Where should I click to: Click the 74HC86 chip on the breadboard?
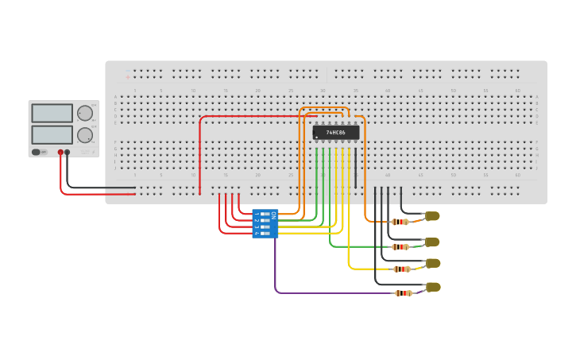[x=335, y=133]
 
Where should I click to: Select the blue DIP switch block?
[x=265, y=223]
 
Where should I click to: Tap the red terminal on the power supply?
[x=60, y=152]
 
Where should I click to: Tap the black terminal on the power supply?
[x=68, y=152]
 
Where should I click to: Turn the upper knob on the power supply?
[x=84, y=113]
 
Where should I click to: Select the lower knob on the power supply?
[x=84, y=135]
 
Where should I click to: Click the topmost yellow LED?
[x=432, y=216]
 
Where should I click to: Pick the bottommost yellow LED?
[x=433, y=287]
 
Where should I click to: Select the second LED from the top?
[x=432, y=242]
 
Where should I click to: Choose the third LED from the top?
[x=433, y=263]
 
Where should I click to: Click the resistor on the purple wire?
[x=404, y=293]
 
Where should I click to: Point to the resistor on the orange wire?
[x=400, y=222]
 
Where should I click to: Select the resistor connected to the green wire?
[x=400, y=246]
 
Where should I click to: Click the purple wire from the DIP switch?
[x=318, y=292]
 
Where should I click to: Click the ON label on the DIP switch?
[x=274, y=215]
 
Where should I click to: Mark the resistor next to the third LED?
[x=402, y=269]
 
